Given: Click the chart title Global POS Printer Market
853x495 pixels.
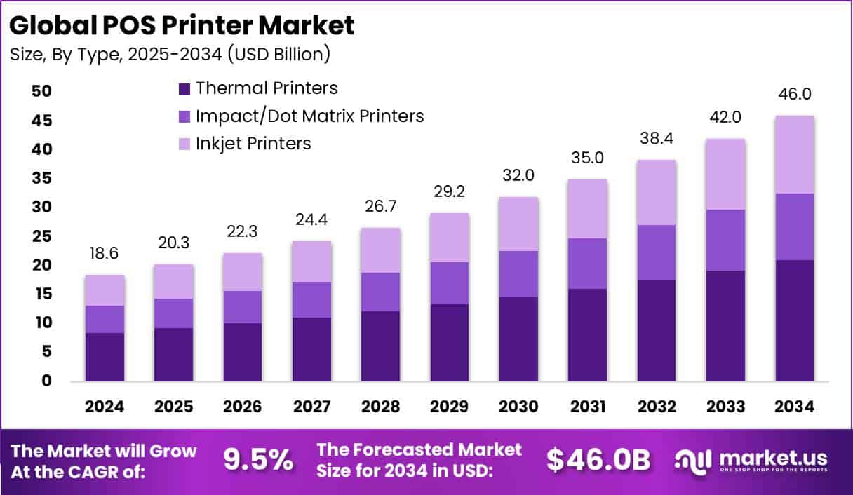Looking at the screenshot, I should (182, 25).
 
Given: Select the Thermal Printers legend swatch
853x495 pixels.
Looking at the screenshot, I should (184, 89).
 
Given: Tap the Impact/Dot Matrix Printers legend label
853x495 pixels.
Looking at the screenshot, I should (310, 116).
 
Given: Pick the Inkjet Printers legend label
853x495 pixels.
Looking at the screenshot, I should (253, 143).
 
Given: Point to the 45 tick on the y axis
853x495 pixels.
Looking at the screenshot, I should (41, 121).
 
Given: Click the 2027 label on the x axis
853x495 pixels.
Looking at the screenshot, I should (311, 407).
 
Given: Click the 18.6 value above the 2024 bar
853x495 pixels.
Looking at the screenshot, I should (105, 254).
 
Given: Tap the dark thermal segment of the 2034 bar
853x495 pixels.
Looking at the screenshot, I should (794, 320).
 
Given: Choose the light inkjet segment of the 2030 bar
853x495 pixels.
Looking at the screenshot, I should (518, 224).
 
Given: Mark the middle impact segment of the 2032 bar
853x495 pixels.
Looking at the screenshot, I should (657, 252).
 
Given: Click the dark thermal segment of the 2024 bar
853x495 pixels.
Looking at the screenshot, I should (105, 357).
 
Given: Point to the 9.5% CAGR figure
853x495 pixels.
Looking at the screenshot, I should (258, 460).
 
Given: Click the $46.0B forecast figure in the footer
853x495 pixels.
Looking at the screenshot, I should (598, 460).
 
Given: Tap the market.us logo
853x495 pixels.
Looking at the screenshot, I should (751, 460).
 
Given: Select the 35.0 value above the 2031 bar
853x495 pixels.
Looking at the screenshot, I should (587, 158).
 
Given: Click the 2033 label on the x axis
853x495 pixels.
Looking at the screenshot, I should (725, 407).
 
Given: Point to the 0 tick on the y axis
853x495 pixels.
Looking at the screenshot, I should (47, 381).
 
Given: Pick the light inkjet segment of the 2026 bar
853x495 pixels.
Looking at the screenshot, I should (243, 272).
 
